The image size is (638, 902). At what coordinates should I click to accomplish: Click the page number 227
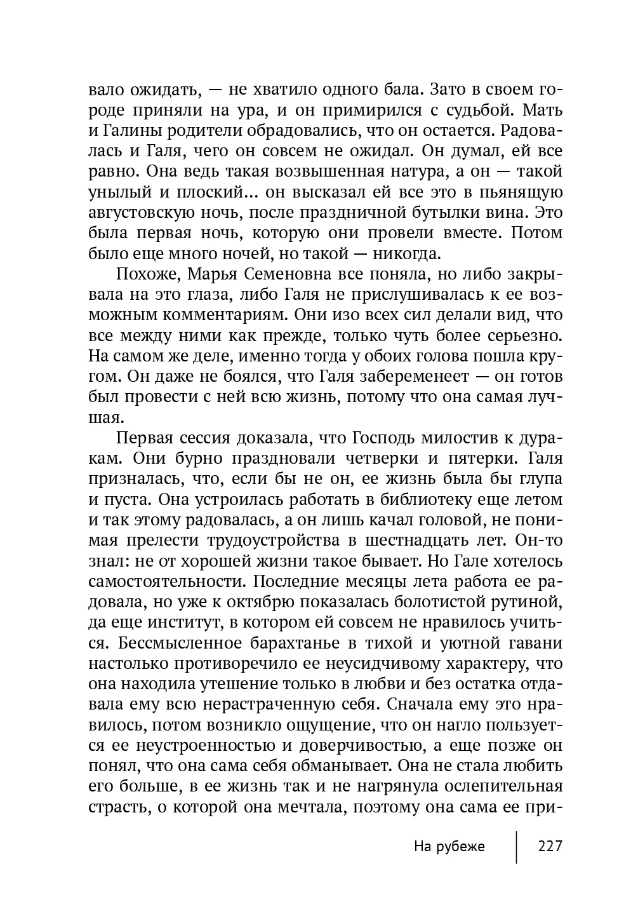tap(550, 847)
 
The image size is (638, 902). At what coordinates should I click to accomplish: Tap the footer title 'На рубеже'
tap(449, 847)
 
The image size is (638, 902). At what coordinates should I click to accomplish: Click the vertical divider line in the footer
tap(516, 847)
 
